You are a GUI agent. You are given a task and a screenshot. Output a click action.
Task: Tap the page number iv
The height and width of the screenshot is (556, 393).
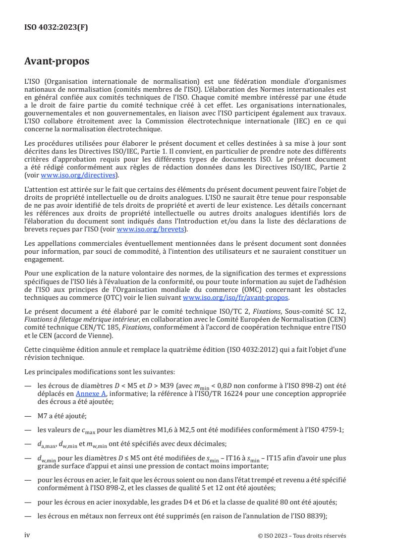(x=27, y=535)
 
